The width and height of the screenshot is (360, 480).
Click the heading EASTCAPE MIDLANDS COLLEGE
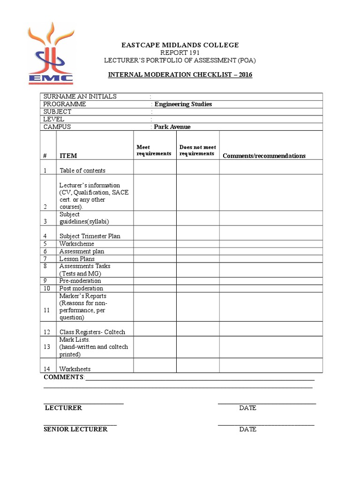[x=180, y=45]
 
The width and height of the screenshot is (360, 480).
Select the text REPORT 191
[x=180, y=53]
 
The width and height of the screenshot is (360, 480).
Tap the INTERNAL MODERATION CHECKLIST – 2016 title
[x=180, y=75]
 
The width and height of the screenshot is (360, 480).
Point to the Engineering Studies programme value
[x=183, y=104]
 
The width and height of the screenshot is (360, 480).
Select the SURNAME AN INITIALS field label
[x=80, y=97]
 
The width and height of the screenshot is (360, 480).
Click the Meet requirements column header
[x=154, y=150]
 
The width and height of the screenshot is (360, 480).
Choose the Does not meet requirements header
[x=197, y=150]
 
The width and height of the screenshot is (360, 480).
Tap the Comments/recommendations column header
[x=264, y=156]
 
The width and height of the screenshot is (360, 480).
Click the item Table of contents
[x=82, y=171]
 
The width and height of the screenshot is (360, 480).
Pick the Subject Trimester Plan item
[x=90, y=236]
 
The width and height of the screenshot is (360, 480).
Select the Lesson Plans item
[x=77, y=259]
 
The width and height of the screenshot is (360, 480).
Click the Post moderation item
[x=81, y=288]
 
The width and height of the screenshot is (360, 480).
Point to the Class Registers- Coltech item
[x=92, y=332]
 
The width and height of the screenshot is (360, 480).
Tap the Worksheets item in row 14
[x=75, y=369]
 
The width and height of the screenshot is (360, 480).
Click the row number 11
[x=46, y=310]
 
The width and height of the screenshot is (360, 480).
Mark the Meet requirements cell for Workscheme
[x=155, y=244]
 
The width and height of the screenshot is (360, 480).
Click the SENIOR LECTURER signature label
[x=75, y=429]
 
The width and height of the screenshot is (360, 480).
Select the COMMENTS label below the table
[x=64, y=377]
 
